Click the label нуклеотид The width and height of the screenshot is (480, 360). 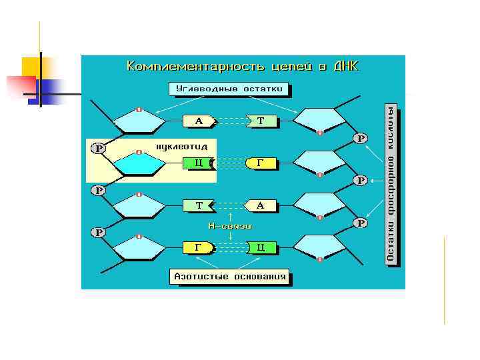[x=182, y=146]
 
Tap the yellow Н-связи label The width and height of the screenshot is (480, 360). [x=229, y=226]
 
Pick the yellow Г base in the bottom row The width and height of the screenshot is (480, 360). [x=199, y=247]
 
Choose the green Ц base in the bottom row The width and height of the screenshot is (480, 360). [x=261, y=247]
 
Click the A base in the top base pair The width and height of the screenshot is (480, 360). [x=199, y=121]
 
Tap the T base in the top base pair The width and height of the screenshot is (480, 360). [x=261, y=121]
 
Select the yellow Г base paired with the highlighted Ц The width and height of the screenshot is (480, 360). [x=261, y=163]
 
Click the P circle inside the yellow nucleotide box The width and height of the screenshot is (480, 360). [x=98, y=149]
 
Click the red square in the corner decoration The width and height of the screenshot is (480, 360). [x=20, y=87]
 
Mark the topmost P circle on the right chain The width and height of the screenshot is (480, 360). [x=361, y=139]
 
